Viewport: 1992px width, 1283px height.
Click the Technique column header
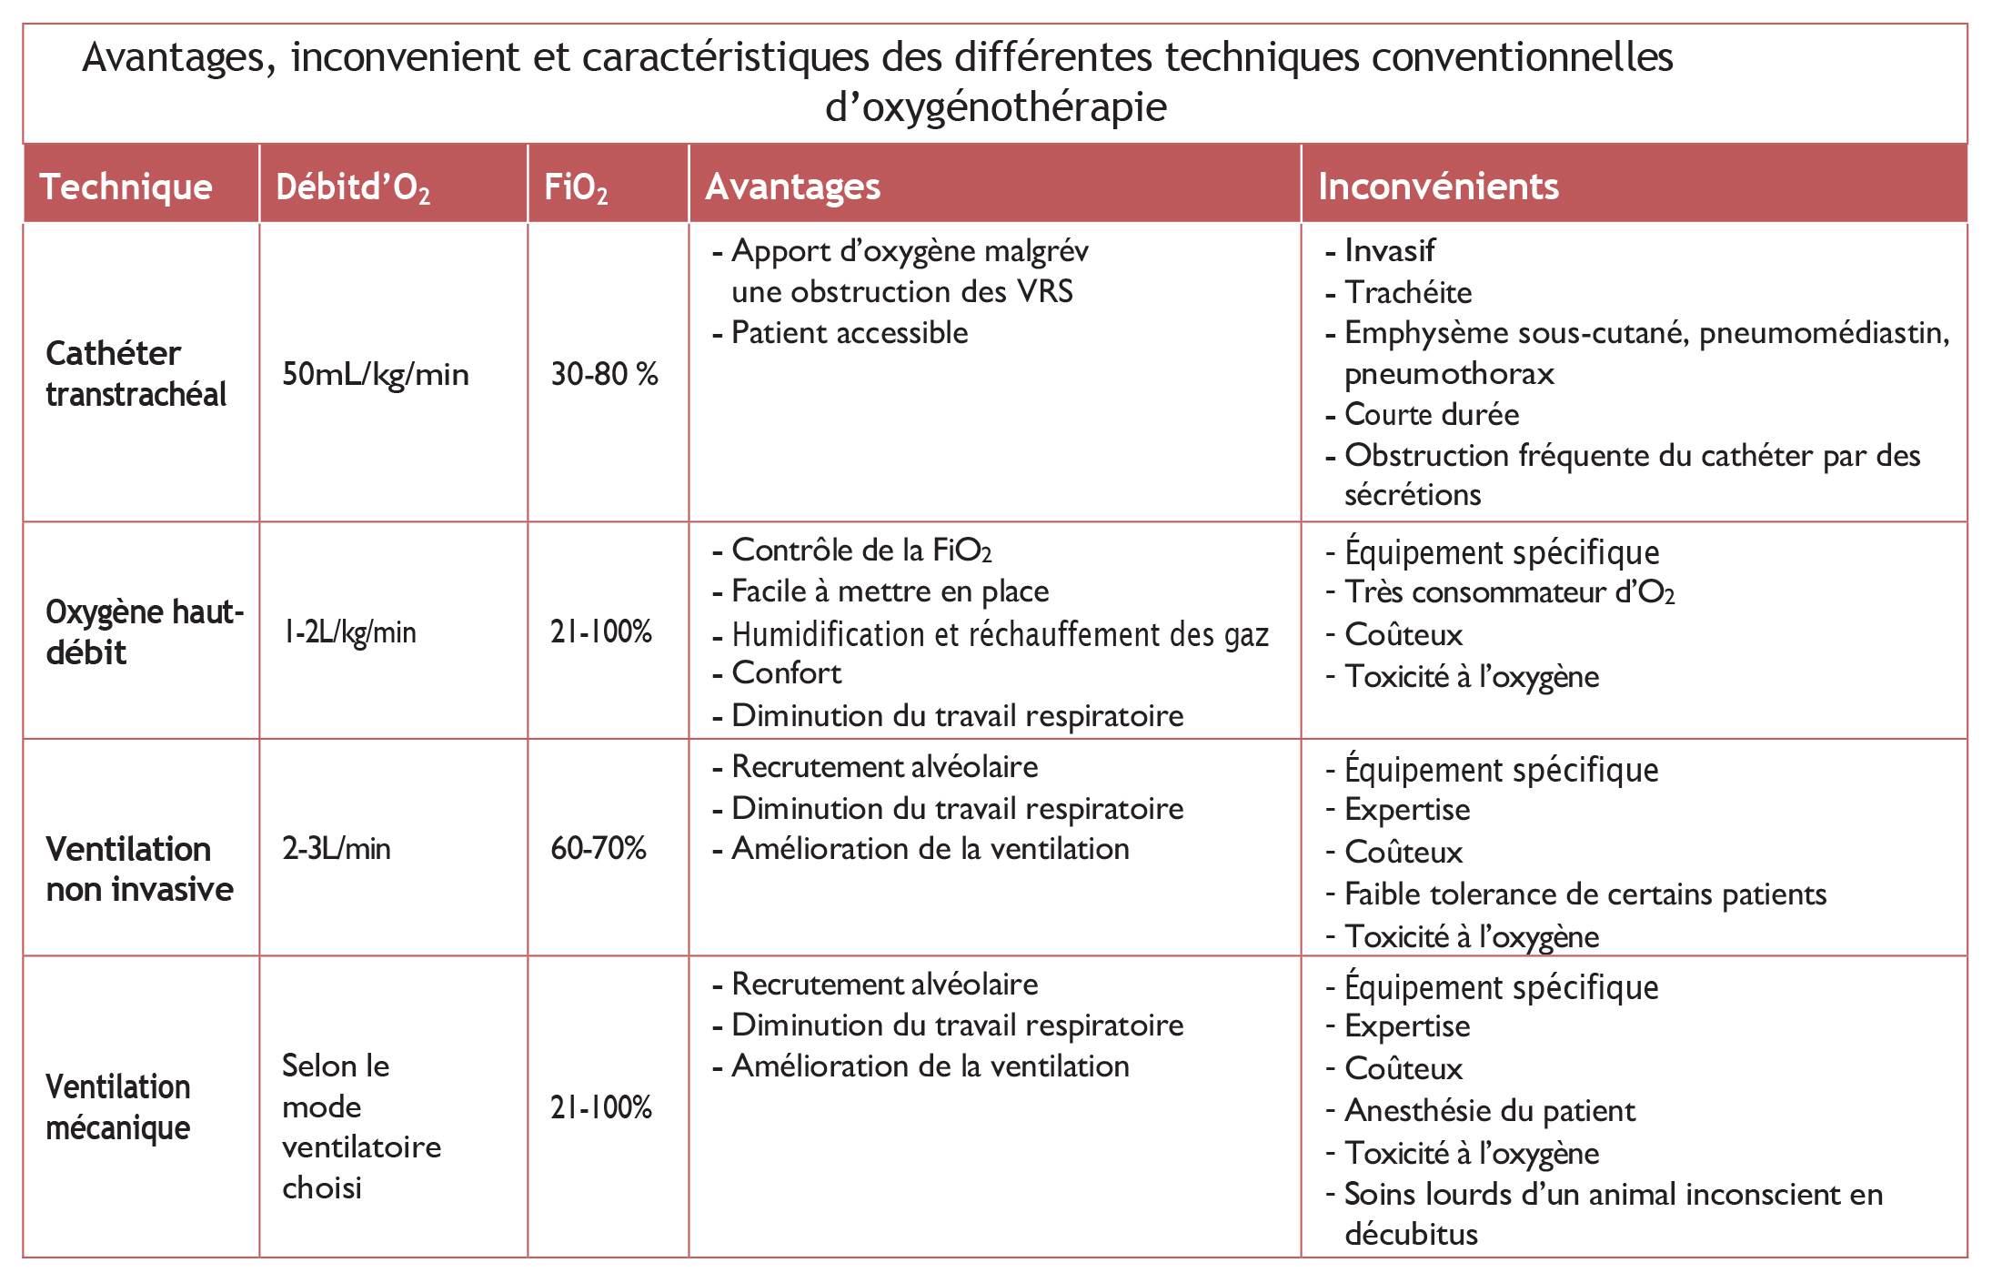click(126, 187)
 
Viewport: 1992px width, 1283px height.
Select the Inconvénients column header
click(1438, 187)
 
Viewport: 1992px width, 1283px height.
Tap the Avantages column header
click(792, 187)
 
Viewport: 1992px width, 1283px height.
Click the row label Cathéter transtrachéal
click(136, 373)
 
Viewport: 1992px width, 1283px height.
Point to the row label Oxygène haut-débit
click(145, 631)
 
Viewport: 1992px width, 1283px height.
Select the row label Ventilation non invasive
click(139, 869)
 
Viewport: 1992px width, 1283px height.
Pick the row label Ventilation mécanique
click(118, 1106)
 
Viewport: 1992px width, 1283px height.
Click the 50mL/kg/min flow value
click(376, 374)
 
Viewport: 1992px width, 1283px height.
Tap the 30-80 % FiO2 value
click(604, 374)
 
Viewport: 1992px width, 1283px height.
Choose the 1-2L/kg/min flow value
click(349, 631)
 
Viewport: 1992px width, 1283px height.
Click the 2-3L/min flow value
click(337, 848)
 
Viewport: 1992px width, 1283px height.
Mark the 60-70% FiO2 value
click(599, 848)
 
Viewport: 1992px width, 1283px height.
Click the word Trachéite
click(1408, 292)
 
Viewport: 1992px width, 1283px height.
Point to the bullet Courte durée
click(1432, 414)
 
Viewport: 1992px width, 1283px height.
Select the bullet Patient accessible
click(850, 332)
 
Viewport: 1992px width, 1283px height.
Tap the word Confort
click(787, 672)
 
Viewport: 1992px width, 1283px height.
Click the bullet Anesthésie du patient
click(1490, 1110)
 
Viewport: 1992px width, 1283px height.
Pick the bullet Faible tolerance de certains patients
click(1585, 894)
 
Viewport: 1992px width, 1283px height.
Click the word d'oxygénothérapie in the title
click(996, 107)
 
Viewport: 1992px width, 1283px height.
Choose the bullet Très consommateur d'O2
click(1510, 592)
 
